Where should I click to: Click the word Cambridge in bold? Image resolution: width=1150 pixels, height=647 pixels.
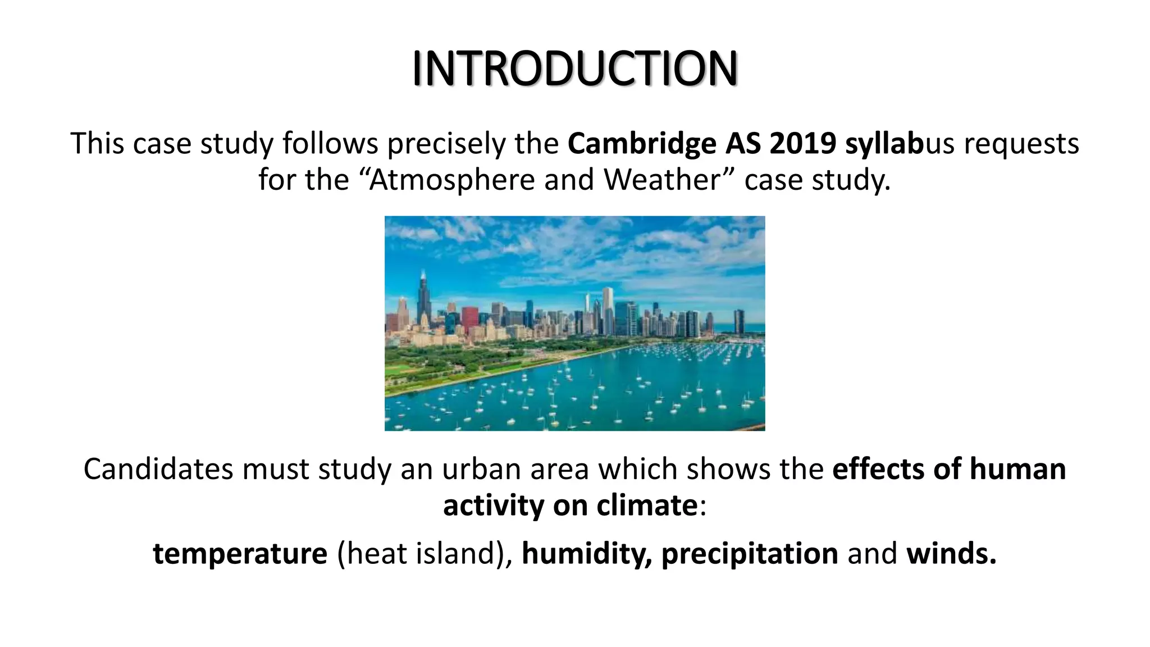tap(642, 144)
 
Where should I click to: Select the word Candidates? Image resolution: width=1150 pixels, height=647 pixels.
tap(158, 469)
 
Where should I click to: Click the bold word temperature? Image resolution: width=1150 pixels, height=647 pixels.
tap(240, 554)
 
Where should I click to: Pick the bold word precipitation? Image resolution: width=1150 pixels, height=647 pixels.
tap(750, 554)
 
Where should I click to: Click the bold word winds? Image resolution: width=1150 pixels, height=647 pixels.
tap(951, 554)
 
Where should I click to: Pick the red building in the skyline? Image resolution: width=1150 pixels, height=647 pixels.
tap(469, 318)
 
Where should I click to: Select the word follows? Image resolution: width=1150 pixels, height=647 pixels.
tap(330, 144)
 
